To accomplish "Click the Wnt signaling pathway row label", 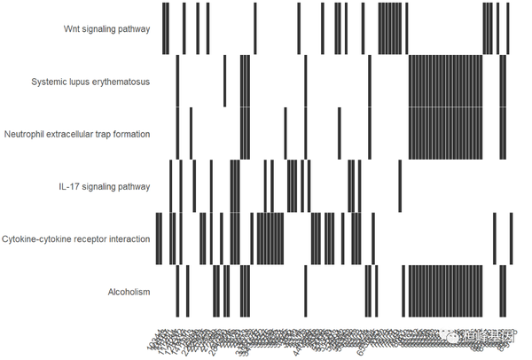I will tap(106, 28).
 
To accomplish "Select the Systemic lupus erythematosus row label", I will tap(90, 82).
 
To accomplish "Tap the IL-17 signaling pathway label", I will tap(105, 186).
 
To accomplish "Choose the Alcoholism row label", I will tap(129, 292).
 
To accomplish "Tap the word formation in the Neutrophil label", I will tap(129, 134).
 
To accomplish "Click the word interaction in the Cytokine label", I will tap(129, 239).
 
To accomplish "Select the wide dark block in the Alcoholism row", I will tap(445, 291).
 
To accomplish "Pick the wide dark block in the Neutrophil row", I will tap(445, 134).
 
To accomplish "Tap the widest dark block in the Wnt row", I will tap(390, 28).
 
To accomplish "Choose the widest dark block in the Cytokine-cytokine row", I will tap(270, 239).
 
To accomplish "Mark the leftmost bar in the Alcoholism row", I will tap(177, 291).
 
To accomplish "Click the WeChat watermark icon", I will tap(450, 338).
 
